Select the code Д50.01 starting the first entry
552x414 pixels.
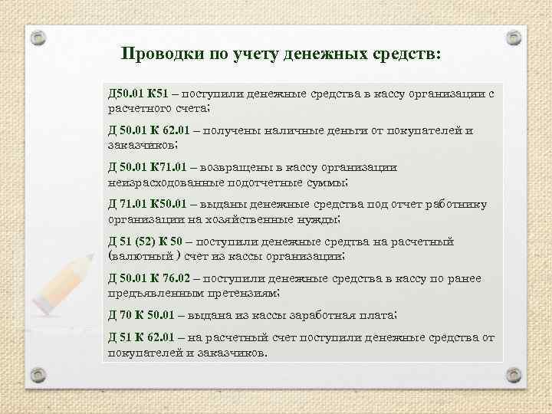tap(125, 94)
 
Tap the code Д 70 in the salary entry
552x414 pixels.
tap(122, 315)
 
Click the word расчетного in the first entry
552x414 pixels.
tap(140, 108)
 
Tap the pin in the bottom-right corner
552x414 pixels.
tap(514, 373)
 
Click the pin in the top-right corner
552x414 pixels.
tap(514, 36)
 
